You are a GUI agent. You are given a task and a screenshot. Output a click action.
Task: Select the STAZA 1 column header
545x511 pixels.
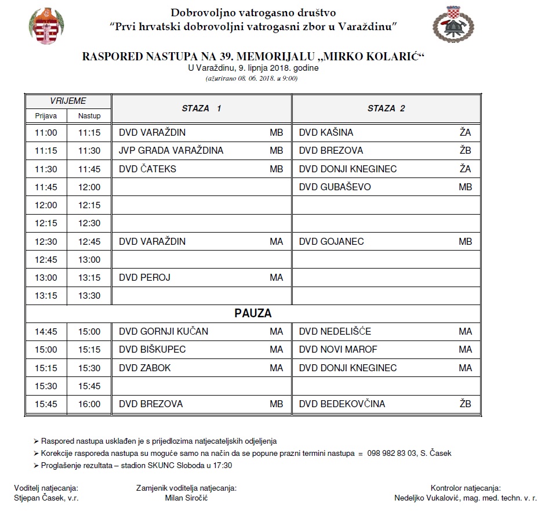(x=201, y=108)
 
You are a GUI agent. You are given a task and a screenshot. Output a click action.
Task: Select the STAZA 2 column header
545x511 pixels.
(x=386, y=108)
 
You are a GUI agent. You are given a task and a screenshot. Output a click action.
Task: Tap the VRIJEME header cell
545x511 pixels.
(x=68, y=101)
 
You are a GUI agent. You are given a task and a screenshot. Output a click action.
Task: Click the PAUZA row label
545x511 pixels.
(x=253, y=313)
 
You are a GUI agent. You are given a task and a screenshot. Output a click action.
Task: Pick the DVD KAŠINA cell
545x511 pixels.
(x=326, y=133)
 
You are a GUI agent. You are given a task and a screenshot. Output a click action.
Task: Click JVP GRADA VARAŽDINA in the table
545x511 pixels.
(x=170, y=151)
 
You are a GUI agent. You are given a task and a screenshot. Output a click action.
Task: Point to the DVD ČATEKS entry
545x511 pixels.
(x=147, y=169)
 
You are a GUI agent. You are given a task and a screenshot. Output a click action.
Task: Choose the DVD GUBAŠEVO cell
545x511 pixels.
(x=335, y=187)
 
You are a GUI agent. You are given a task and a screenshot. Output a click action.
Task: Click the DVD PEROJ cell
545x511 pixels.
(x=144, y=277)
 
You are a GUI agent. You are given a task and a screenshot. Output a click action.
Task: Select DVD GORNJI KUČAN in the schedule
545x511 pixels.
(x=163, y=332)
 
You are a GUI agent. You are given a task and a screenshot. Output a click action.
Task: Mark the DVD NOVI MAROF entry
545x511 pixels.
(x=338, y=349)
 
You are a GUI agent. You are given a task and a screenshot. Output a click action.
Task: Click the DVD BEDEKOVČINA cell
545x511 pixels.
(x=341, y=404)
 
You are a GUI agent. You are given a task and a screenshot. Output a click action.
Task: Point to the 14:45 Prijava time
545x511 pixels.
(x=46, y=332)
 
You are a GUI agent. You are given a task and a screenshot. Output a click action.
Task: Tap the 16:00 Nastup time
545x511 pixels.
(x=89, y=404)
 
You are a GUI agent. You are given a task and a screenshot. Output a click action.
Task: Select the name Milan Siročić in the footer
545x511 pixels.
(x=186, y=498)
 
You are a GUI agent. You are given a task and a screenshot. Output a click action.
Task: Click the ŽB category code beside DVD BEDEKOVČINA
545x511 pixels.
(x=466, y=404)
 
